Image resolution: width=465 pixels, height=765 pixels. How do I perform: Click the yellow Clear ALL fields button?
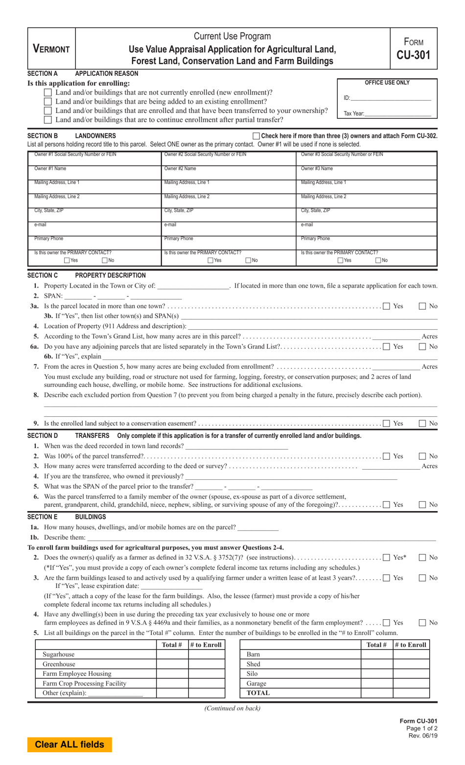coord(70,744)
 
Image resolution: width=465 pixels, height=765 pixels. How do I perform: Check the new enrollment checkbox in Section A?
coord(48,92)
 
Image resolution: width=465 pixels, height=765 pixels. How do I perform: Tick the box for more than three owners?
coord(256,136)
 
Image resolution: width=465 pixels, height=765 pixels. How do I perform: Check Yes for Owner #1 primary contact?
coord(67,261)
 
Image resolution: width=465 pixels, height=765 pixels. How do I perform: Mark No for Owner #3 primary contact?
coord(378,261)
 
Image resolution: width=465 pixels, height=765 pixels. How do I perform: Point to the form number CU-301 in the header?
coord(413,55)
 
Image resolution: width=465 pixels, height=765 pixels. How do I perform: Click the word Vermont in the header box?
coord(51,49)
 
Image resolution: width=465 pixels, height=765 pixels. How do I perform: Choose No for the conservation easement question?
coord(422,424)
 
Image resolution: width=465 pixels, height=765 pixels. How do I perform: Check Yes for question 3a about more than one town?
coord(387,306)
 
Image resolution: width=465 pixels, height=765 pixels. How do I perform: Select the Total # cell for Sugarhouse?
coord(172,654)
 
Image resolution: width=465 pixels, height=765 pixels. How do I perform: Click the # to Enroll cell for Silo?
coord(411,674)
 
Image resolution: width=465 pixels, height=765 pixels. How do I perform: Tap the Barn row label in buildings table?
coord(253,654)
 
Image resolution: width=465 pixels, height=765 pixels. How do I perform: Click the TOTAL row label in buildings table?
coord(258,693)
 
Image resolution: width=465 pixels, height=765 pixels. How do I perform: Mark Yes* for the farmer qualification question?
coord(387,558)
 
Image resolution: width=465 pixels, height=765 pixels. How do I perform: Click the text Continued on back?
coord(232,708)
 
